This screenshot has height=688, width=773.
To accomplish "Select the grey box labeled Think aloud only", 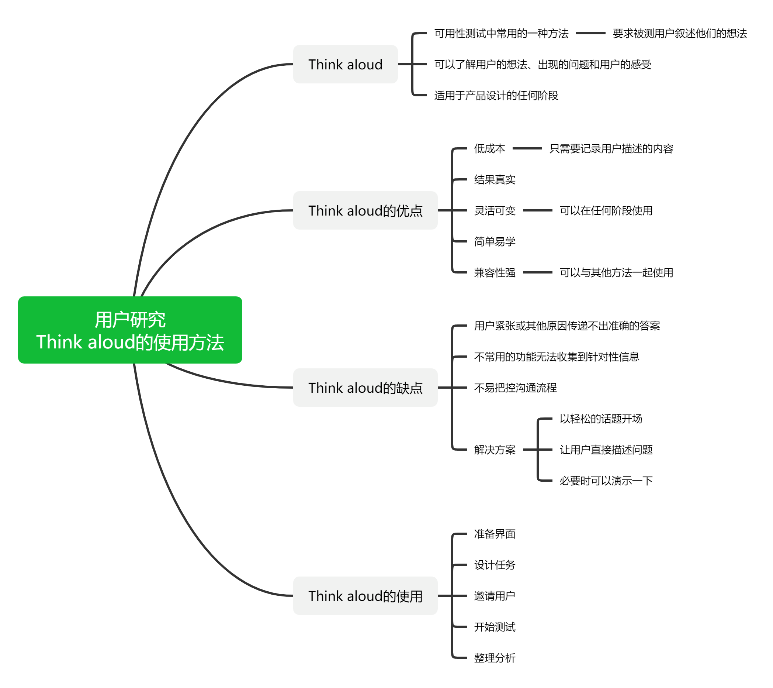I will (x=345, y=64).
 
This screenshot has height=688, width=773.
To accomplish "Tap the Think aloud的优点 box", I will (x=365, y=210).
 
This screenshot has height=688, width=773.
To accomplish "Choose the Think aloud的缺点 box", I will (x=365, y=388).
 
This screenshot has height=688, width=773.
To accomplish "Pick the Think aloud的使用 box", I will (x=365, y=596).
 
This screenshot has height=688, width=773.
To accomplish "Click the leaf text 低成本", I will (x=489, y=149).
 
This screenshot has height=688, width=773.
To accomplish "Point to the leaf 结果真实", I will (x=495, y=180).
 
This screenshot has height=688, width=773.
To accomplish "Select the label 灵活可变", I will (x=495, y=210).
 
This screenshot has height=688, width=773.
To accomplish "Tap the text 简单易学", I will (x=495, y=241).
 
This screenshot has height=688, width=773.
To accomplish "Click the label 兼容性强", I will (x=495, y=272).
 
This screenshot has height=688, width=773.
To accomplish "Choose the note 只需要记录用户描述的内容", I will (x=611, y=149).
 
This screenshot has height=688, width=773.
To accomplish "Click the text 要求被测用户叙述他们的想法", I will (x=680, y=34).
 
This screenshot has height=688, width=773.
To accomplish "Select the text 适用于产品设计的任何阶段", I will (x=496, y=95).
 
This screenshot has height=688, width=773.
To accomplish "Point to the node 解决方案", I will (x=495, y=450).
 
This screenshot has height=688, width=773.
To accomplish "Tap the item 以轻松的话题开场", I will (x=600, y=419).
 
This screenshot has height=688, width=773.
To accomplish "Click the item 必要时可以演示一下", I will (x=606, y=481).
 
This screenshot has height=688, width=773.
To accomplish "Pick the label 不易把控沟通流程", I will (x=515, y=388).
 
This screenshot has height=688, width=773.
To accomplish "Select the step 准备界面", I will (x=495, y=534).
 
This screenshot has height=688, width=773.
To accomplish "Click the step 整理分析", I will (x=495, y=658).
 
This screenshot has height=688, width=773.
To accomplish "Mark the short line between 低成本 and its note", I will (x=527, y=149).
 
